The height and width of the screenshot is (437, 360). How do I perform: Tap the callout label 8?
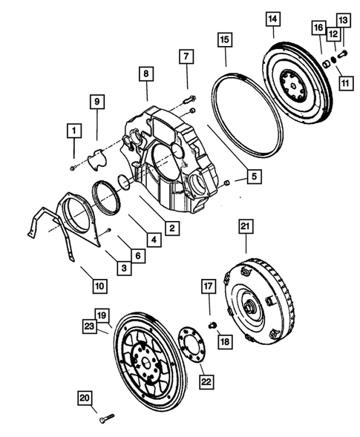tap(146, 73)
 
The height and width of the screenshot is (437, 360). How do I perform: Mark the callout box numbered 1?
tap(73, 131)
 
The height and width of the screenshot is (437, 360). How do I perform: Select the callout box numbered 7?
tap(186, 56)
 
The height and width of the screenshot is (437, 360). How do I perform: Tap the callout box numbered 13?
tap(342, 19)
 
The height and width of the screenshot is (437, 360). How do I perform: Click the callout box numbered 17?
tap(209, 284)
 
